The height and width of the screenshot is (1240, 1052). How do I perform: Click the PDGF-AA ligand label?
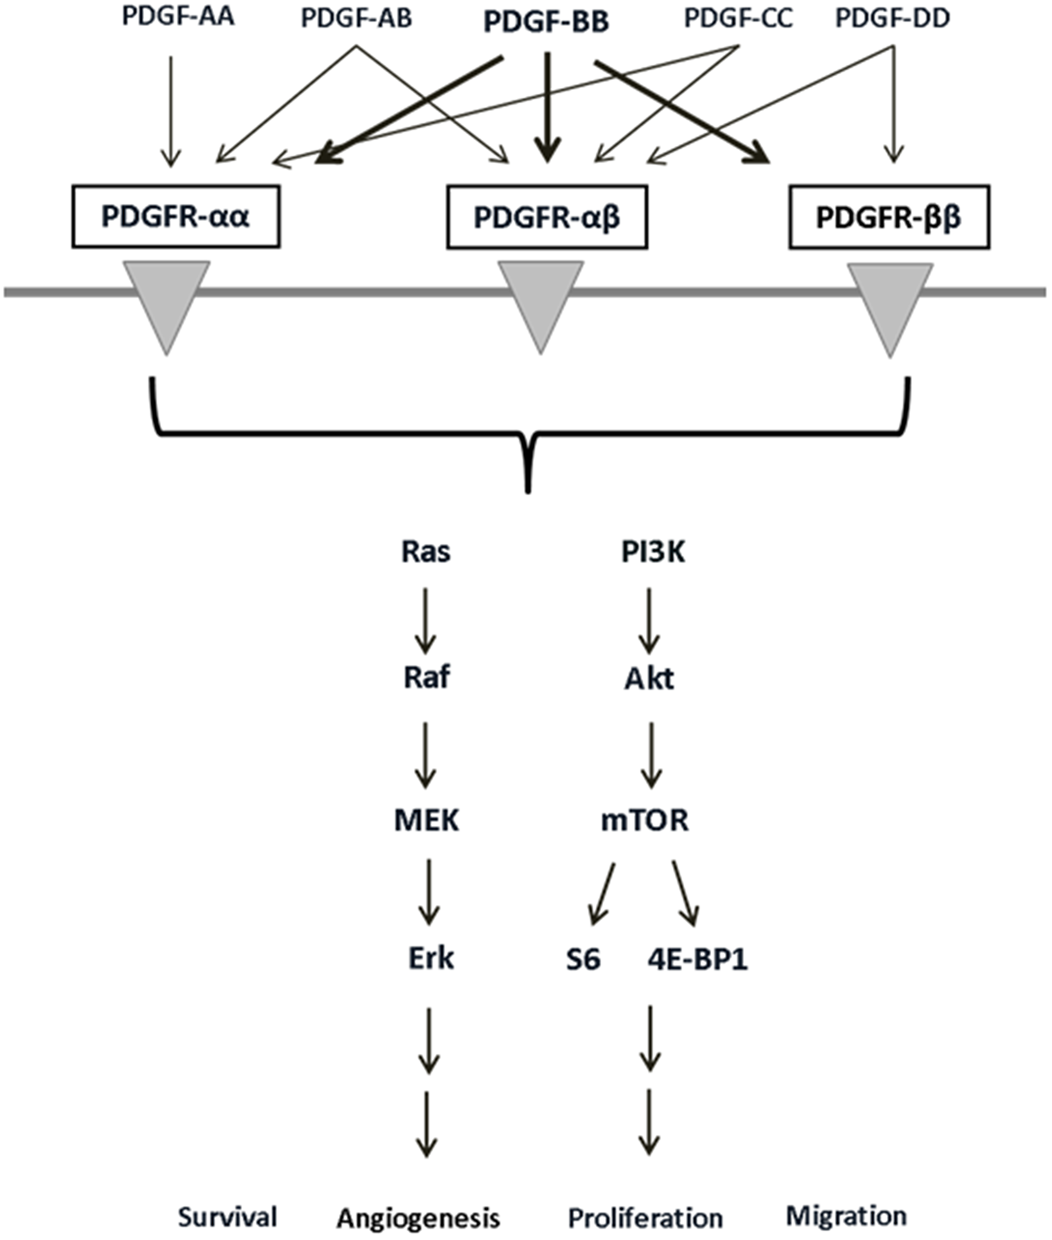coord(178,17)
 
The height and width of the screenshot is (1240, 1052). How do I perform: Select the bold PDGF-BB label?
coord(545,22)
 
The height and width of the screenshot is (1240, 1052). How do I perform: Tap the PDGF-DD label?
coord(892,18)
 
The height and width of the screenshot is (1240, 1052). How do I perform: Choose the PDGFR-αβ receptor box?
coord(547,217)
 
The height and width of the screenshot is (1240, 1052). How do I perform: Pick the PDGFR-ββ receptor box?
coord(888,217)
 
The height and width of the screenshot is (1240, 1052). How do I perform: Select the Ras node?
coord(426,552)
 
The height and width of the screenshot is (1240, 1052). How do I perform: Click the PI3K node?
coord(653,553)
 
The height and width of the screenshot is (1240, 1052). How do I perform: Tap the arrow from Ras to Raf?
coord(425,621)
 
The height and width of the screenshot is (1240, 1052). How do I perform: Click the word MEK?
coord(427,821)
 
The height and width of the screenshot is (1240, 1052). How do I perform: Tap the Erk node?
coord(431,959)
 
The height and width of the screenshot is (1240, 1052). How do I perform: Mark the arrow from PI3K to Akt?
coord(649,621)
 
